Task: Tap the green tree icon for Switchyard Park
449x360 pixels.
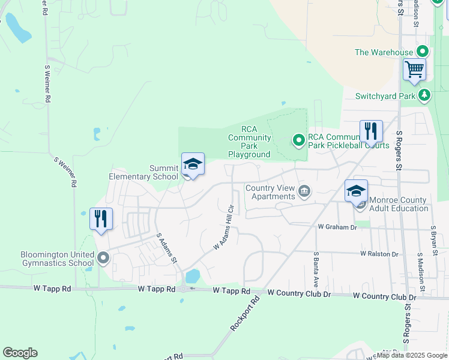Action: coord(425,95)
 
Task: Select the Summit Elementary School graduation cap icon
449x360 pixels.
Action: coord(193,164)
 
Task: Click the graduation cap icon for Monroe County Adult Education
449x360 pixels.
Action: coord(356,191)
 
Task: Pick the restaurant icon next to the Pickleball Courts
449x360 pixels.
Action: coord(371,130)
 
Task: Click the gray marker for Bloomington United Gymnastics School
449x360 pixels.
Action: coord(103,259)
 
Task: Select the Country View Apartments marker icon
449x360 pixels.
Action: coord(304,192)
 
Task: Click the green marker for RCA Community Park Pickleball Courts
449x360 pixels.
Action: coord(298,140)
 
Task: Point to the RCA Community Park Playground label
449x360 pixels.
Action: coord(249,142)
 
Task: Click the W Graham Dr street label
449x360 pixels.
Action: coord(337,227)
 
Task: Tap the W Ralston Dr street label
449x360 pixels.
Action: coord(379,254)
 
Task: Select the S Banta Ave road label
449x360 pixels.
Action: coord(315,269)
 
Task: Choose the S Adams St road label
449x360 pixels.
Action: coord(166,248)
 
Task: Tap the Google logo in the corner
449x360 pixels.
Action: coord(20,353)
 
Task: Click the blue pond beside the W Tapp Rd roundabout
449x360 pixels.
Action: coord(193,276)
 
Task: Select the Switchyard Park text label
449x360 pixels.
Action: coord(385,96)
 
